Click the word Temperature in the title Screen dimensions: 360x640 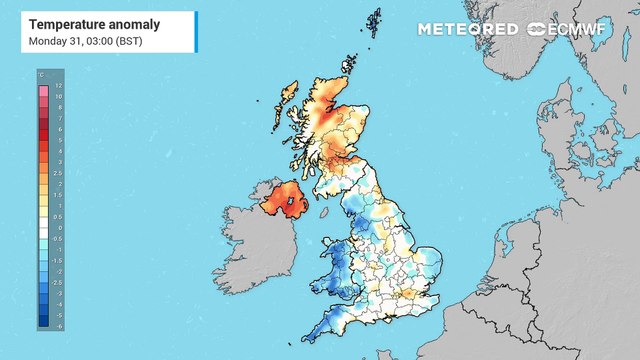pyautogui.click(x=68, y=22)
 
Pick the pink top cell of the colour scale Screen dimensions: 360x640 pyautogui.click(x=43, y=91)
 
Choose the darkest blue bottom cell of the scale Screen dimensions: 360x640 pyautogui.click(x=43, y=320)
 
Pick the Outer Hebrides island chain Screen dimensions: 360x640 pyautogui.click(x=283, y=99)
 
